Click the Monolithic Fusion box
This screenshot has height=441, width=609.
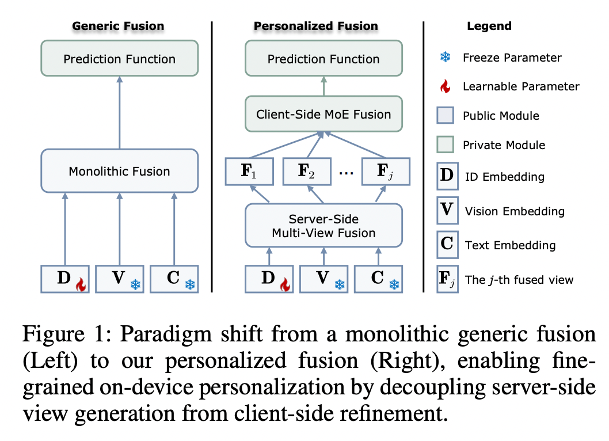(119, 171)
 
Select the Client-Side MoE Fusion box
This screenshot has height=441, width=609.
(323, 114)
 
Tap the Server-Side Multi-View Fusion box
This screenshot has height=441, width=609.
(323, 226)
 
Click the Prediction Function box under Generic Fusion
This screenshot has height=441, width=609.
(119, 59)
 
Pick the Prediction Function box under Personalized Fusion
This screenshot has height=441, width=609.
(323, 59)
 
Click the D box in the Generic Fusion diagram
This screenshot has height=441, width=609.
(64, 279)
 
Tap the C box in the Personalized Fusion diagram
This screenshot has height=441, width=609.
(378, 279)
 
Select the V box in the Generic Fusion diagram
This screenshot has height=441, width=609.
(119, 279)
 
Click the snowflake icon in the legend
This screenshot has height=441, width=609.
(445, 57)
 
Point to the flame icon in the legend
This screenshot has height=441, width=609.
(445, 86)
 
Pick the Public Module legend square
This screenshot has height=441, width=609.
(447, 115)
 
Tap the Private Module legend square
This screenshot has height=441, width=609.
(447, 145)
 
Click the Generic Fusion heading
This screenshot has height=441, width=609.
(118, 26)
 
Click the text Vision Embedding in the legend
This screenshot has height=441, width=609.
(515, 211)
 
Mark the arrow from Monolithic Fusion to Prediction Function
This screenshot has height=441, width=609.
(119, 112)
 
